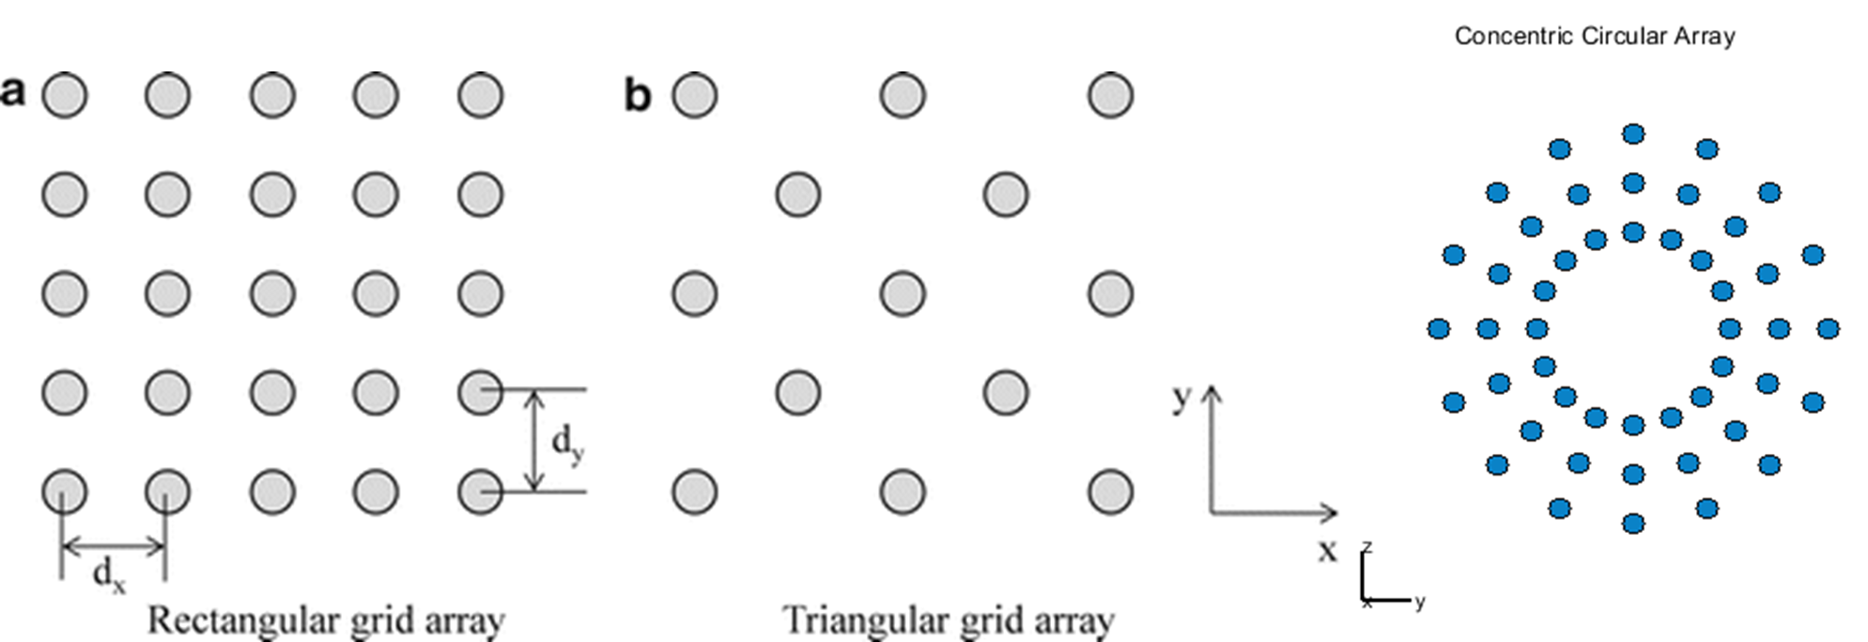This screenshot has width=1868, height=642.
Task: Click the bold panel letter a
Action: tap(12, 92)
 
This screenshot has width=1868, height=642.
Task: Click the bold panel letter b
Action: tap(638, 95)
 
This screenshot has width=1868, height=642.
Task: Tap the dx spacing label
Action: tap(109, 573)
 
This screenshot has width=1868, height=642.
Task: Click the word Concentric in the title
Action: tap(1514, 36)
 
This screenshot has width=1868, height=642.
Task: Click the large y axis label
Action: tap(1181, 397)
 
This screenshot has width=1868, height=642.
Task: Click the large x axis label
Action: tap(1326, 550)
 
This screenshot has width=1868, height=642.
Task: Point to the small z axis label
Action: tap(1368, 547)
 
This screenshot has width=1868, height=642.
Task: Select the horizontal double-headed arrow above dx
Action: tap(113, 545)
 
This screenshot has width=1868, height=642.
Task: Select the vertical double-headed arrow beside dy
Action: tap(533, 440)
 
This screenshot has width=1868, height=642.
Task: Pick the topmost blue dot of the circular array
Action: tap(1633, 134)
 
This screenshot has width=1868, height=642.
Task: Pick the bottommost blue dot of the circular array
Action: tap(1633, 523)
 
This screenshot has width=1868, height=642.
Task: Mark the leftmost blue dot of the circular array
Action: tap(1438, 329)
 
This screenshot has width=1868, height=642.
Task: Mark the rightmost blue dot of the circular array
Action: tap(1828, 329)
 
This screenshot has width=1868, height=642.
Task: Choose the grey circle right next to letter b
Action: tap(695, 96)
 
